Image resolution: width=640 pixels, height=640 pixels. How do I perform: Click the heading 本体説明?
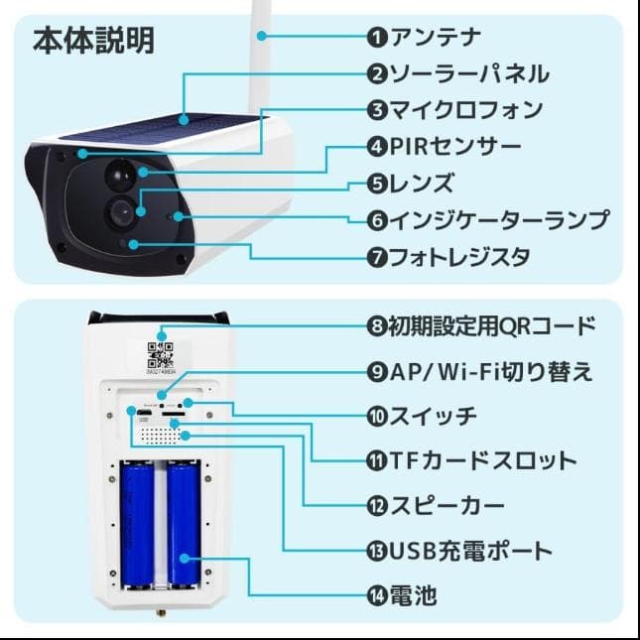click(x=93, y=41)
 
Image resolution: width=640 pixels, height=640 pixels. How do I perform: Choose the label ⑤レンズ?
click(x=410, y=183)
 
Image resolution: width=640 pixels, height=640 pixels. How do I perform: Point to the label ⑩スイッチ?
click(x=422, y=415)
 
